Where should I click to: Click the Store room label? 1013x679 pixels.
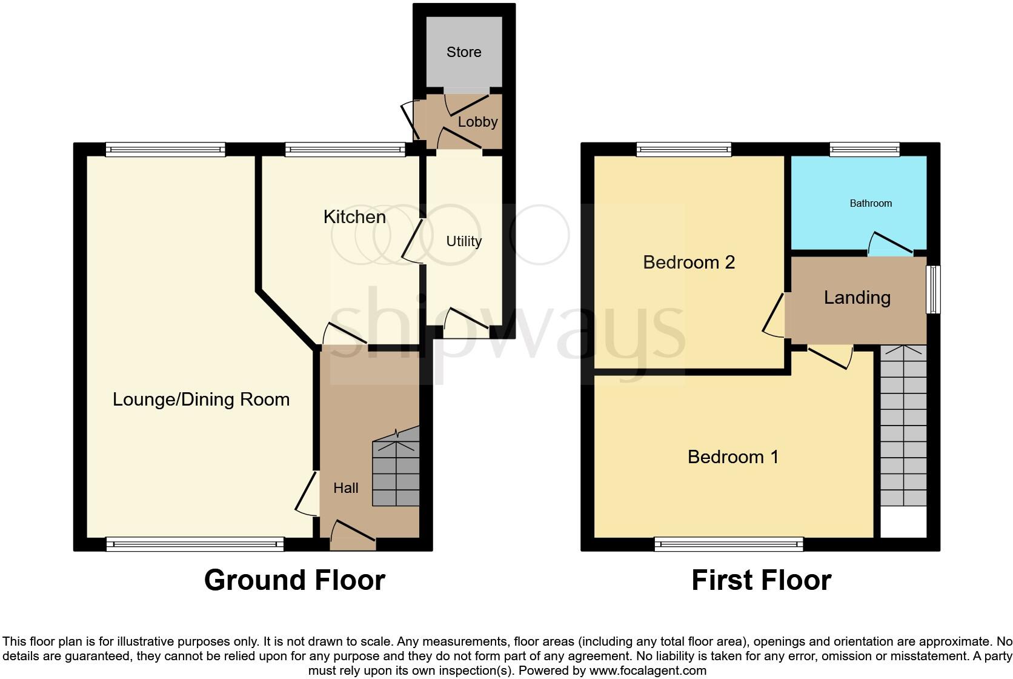[463, 52]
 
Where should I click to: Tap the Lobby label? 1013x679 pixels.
[477, 122]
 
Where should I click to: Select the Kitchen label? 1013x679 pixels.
[354, 217]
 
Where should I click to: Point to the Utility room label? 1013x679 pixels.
[463, 241]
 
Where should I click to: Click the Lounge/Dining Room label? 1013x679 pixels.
[201, 400]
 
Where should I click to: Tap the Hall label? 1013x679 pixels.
[346, 488]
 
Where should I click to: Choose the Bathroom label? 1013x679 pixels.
[871, 204]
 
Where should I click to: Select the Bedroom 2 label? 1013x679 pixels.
[689, 263]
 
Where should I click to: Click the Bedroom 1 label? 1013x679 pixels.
[733, 457]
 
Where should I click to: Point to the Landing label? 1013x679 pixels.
[857, 298]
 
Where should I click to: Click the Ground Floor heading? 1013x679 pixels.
[294, 580]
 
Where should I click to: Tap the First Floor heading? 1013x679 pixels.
[761, 580]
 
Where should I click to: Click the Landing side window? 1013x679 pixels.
[935, 289]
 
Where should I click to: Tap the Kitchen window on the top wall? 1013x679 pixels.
[345, 149]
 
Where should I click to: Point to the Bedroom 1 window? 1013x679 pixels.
[729, 544]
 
